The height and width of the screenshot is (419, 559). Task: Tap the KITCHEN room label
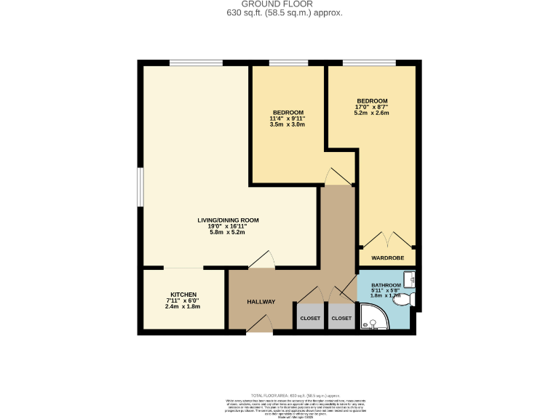click(x=183, y=295)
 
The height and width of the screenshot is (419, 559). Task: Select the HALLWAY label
click(x=261, y=302)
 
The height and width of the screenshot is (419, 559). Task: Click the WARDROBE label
click(x=386, y=258)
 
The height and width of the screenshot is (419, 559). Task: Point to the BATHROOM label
click(x=386, y=285)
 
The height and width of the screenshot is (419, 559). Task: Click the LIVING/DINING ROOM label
click(x=228, y=220)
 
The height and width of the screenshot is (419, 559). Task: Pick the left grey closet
click(x=310, y=318)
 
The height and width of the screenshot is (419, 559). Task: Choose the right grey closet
click(x=341, y=318)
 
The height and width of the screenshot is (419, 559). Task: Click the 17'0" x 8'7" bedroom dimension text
click(x=371, y=107)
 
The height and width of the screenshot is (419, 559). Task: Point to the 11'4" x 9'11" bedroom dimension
click(x=287, y=119)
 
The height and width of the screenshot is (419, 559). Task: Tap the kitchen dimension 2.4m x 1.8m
click(x=183, y=306)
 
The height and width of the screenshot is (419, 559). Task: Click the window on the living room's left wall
click(x=141, y=186)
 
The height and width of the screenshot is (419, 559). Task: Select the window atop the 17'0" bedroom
click(x=370, y=63)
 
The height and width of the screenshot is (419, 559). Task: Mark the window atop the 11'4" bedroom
click(x=289, y=63)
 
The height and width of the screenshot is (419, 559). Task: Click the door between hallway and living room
click(x=261, y=260)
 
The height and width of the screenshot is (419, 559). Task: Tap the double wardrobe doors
click(x=386, y=240)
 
